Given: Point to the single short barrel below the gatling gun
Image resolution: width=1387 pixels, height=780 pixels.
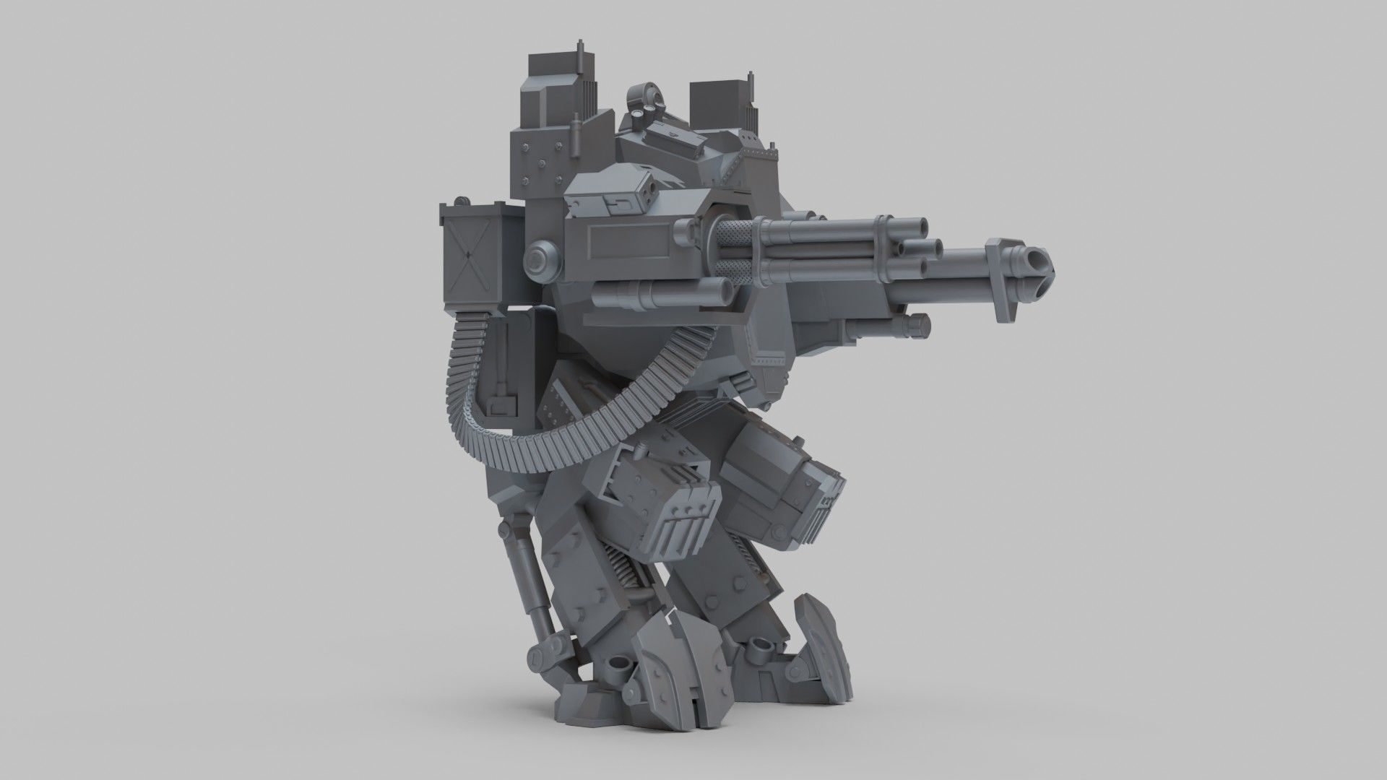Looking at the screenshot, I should pyautogui.click(x=662, y=293).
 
